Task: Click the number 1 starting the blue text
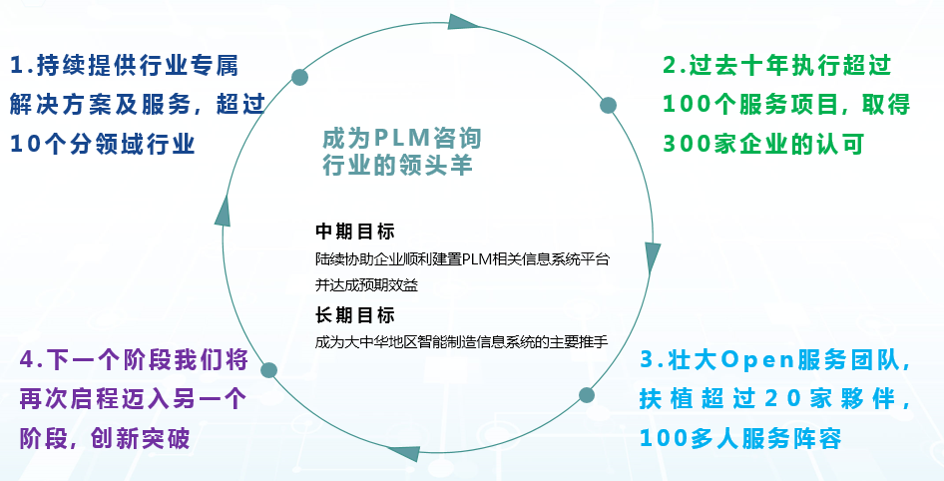16,67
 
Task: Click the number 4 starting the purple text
28,361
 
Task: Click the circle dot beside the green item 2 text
608,104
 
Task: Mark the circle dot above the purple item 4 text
268,370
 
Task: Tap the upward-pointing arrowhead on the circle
224,209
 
